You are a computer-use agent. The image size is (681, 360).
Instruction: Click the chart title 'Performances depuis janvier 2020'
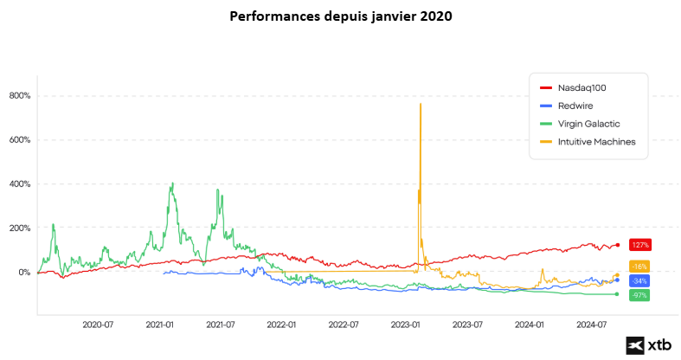(x=340, y=16)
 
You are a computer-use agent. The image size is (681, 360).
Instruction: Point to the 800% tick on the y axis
(x=19, y=96)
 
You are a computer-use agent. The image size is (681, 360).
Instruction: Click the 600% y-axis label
(x=19, y=140)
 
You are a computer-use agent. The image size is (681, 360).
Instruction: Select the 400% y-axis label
(x=19, y=184)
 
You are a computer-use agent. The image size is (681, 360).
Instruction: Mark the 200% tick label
(x=19, y=228)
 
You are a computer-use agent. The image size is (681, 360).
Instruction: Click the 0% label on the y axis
(x=23, y=273)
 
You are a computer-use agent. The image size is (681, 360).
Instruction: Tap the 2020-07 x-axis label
(x=98, y=325)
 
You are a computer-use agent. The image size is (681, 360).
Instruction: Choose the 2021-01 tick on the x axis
(x=160, y=325)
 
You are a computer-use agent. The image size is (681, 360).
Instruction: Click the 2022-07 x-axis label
(x=344, y=325)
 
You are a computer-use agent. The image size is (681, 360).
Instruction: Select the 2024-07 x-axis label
(x=591, y=325)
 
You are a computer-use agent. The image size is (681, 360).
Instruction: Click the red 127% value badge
(x=639, y=245)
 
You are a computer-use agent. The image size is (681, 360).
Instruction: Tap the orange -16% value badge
(x=639, y=267)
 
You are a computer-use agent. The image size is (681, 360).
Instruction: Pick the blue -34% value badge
(x=639, y=281)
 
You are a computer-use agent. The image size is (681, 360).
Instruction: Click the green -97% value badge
(x=639, y=296)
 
